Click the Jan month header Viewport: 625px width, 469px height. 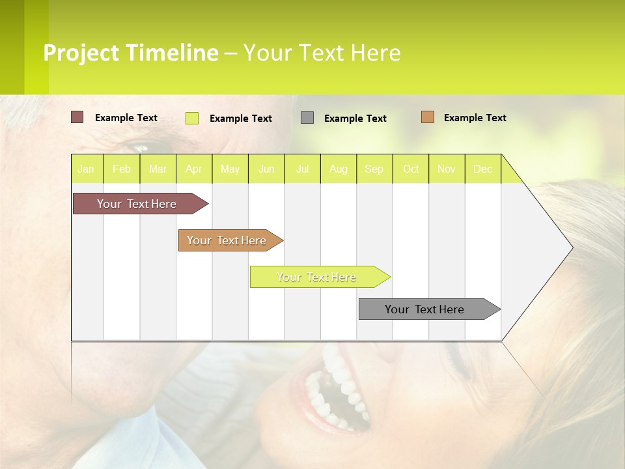(86, 169)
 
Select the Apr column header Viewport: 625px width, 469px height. (193, 169)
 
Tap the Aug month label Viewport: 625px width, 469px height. (338, 169)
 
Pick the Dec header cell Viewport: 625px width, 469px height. (482, 169)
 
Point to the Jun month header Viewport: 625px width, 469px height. (266, 169)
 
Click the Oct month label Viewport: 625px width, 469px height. (410, 169)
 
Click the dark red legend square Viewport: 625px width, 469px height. (77, 117)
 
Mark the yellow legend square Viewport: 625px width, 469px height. (192, 118)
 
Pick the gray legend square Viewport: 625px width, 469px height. (307, 117)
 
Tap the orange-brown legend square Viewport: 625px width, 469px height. (427, 117)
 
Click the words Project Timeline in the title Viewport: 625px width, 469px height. (130, 53)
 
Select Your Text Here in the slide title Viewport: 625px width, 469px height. (322, 53)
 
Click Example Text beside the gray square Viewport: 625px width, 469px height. (355, 119)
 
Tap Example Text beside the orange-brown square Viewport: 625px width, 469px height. (475, 118)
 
